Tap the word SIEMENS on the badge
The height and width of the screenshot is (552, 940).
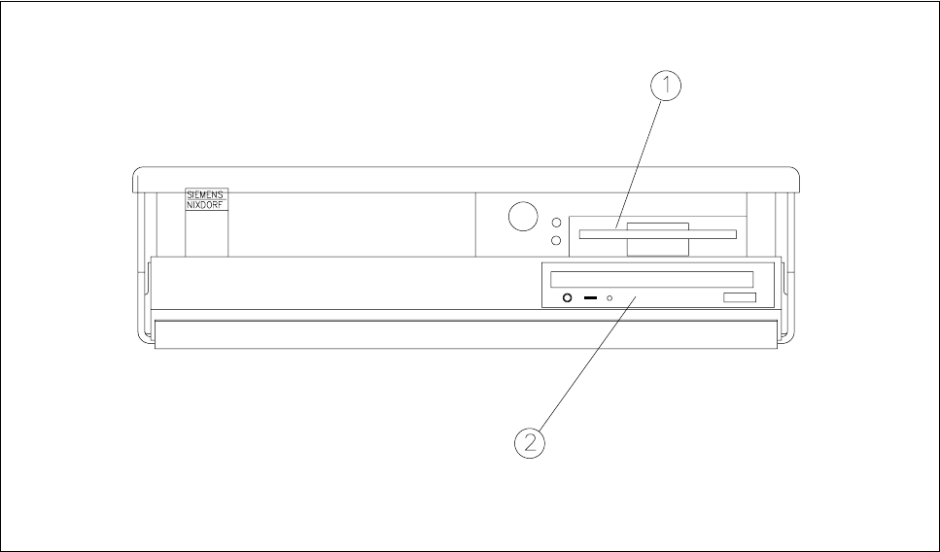(x=206, y=194)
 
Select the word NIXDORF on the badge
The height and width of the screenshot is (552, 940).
(x=206, y=206)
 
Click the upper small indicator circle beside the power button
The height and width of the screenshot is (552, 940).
(x=556, y=222)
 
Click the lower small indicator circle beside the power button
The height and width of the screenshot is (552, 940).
(x=556, y=239)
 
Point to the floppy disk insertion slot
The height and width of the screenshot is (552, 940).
(x=657, y=233)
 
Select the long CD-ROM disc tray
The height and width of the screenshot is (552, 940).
(x=651, y=279)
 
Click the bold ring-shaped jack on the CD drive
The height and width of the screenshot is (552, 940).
(x=568, y=298)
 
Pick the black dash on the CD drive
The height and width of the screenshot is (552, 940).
(x=590, y=297)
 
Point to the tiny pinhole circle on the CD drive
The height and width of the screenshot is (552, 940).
(x=610, y=298)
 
